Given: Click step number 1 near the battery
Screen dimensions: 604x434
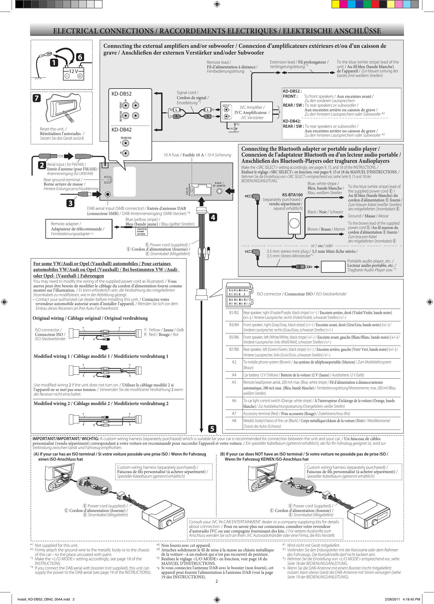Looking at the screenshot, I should [x=54, y=63].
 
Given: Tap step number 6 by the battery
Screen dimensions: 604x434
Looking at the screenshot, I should [x=80, y=57].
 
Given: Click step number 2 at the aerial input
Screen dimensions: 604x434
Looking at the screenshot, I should [x=42, y=165].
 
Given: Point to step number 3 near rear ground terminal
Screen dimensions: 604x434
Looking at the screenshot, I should [x=71, y=203].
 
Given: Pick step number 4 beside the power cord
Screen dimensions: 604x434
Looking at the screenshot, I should [x=213, y=217].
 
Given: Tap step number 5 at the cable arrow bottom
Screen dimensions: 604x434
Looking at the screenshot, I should [x=212, y=429].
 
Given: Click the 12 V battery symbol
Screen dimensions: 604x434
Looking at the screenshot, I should [x=73, y=73].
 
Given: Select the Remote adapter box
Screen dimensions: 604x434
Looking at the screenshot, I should [x=79, y=229].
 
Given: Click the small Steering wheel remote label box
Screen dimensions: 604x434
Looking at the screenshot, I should [x=141, y=231].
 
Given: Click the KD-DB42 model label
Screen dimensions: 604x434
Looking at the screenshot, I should [x=121, y=130].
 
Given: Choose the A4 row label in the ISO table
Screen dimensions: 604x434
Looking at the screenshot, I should [x=234, y=375].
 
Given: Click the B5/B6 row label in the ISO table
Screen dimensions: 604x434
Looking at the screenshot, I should [x=234, y=337].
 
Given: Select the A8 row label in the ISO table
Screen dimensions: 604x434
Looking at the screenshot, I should [x=234, y=420].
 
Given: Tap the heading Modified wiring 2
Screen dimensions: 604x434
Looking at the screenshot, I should [x=101, y=403].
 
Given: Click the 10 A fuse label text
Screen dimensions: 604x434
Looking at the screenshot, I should [x=197, y=155].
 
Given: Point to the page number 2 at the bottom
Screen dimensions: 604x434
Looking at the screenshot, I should [x=217, y=581].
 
